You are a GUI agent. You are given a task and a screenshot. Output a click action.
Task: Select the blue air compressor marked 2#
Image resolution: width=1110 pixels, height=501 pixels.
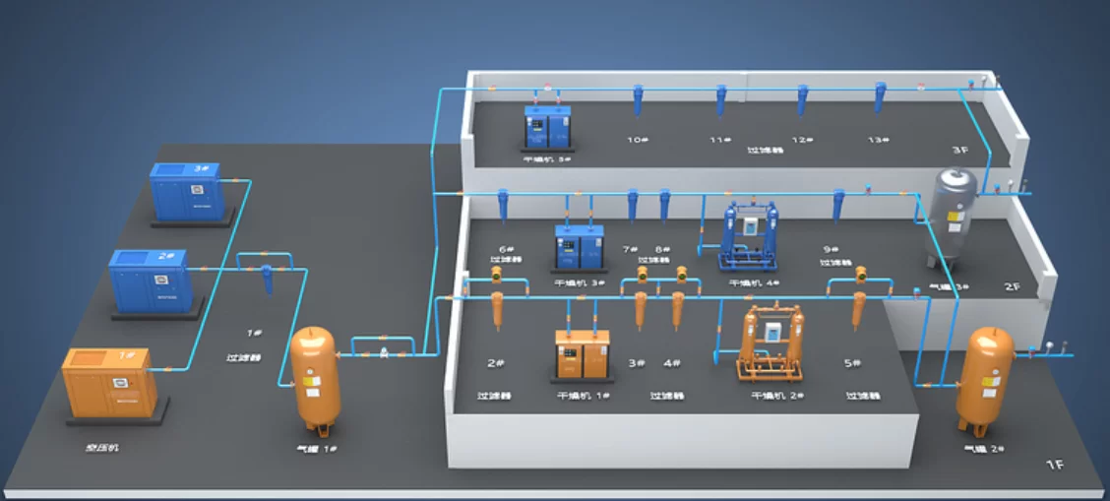click(149, 280)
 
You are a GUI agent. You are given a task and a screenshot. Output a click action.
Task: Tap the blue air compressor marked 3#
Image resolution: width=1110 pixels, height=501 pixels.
click(186, 191)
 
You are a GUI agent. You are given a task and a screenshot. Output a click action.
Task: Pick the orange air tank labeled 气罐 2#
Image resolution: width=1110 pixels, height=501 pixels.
click(984, 378)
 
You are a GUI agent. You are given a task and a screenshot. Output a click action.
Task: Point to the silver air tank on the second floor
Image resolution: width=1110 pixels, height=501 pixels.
click(954, 217)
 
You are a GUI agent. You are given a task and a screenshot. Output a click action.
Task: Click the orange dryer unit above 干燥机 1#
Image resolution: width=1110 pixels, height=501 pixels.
click(583, 353)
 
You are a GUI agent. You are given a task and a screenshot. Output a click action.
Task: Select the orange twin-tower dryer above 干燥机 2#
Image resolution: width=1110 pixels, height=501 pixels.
click(771, 344)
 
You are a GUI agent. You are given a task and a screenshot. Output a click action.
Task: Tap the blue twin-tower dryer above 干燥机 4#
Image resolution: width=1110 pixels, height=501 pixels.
click(751, 238)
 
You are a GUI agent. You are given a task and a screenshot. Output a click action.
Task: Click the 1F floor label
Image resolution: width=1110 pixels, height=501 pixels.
click(1054, 464)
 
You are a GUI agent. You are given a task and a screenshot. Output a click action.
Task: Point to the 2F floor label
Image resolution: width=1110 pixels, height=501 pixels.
click(1012, 286)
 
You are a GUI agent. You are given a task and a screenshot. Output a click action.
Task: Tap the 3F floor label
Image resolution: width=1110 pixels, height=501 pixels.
click(959, 151)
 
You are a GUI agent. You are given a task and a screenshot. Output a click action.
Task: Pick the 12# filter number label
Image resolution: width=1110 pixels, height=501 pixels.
click(802, 140)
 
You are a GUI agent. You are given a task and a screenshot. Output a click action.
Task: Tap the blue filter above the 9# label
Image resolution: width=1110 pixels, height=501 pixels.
click(838, 206)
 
